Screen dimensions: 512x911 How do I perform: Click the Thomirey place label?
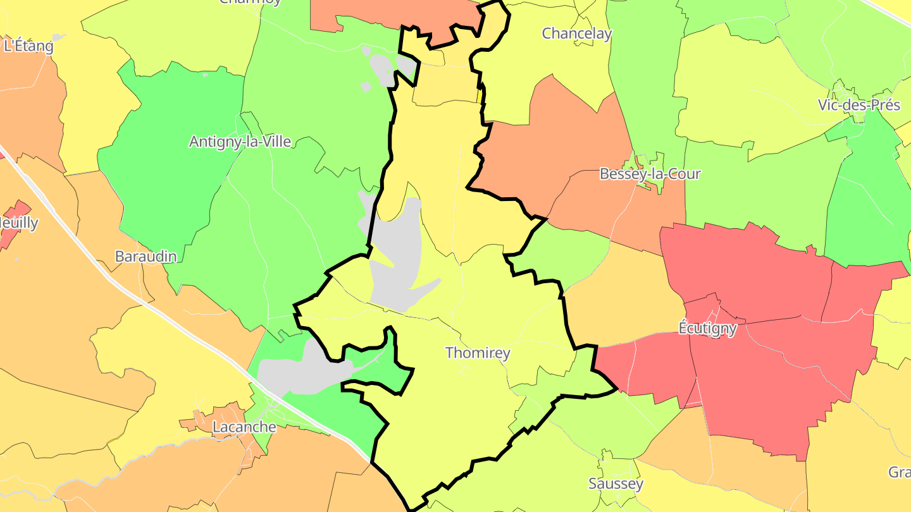478,353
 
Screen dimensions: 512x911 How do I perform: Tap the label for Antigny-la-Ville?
240,142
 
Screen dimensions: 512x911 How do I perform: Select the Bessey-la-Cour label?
650,174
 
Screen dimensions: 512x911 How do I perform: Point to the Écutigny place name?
707,328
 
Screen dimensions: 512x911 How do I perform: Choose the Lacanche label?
244,427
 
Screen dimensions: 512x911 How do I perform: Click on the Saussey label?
616,484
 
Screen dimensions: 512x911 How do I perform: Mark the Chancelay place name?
577,34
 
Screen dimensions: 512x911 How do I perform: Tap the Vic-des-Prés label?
858,105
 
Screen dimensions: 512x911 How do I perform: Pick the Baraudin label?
146,256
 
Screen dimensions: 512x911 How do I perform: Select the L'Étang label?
28,46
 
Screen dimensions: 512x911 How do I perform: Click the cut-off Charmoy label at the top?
250,3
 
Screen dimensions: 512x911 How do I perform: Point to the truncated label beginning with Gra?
899,472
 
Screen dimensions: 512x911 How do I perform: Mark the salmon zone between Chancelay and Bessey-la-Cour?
557,145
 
